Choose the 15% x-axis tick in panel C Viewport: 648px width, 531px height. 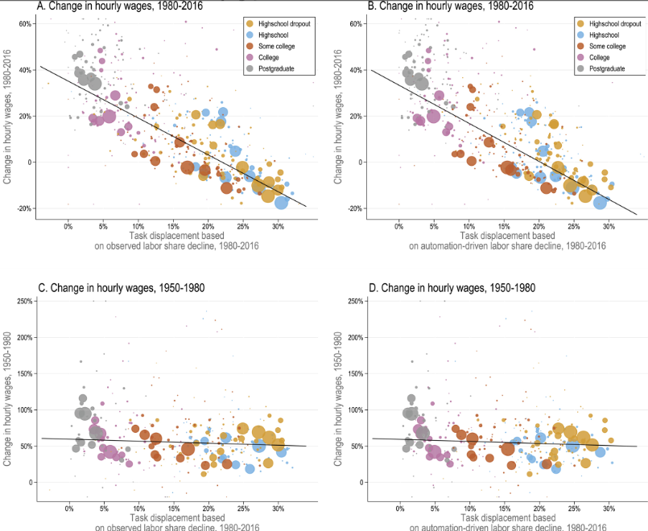click(x=173, y=508)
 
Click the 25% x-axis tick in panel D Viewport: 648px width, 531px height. click(x=574, y=508)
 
